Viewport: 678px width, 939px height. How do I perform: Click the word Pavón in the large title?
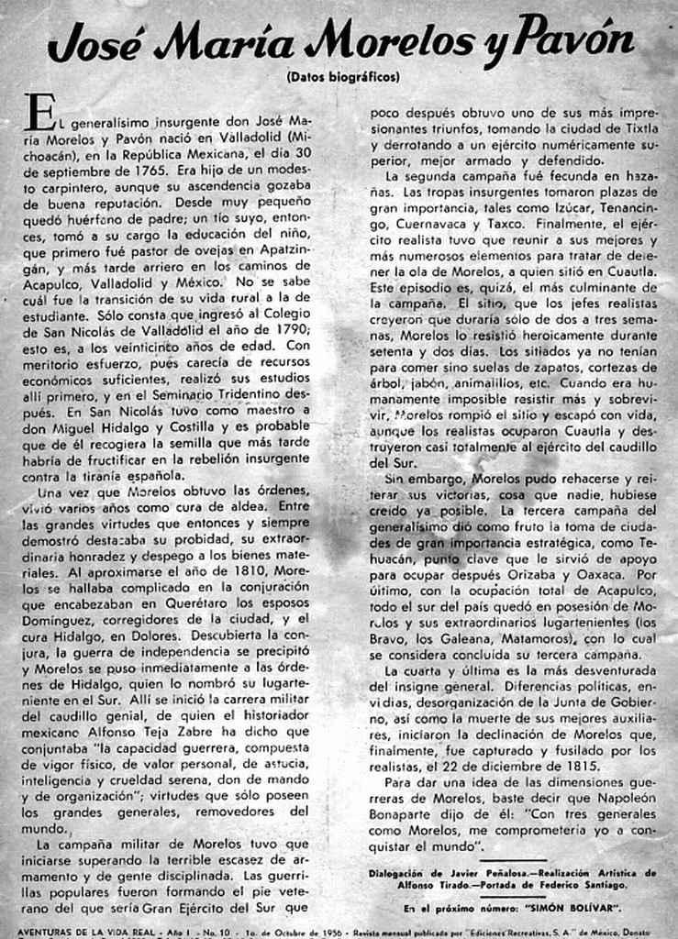click(x=576, y=41)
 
